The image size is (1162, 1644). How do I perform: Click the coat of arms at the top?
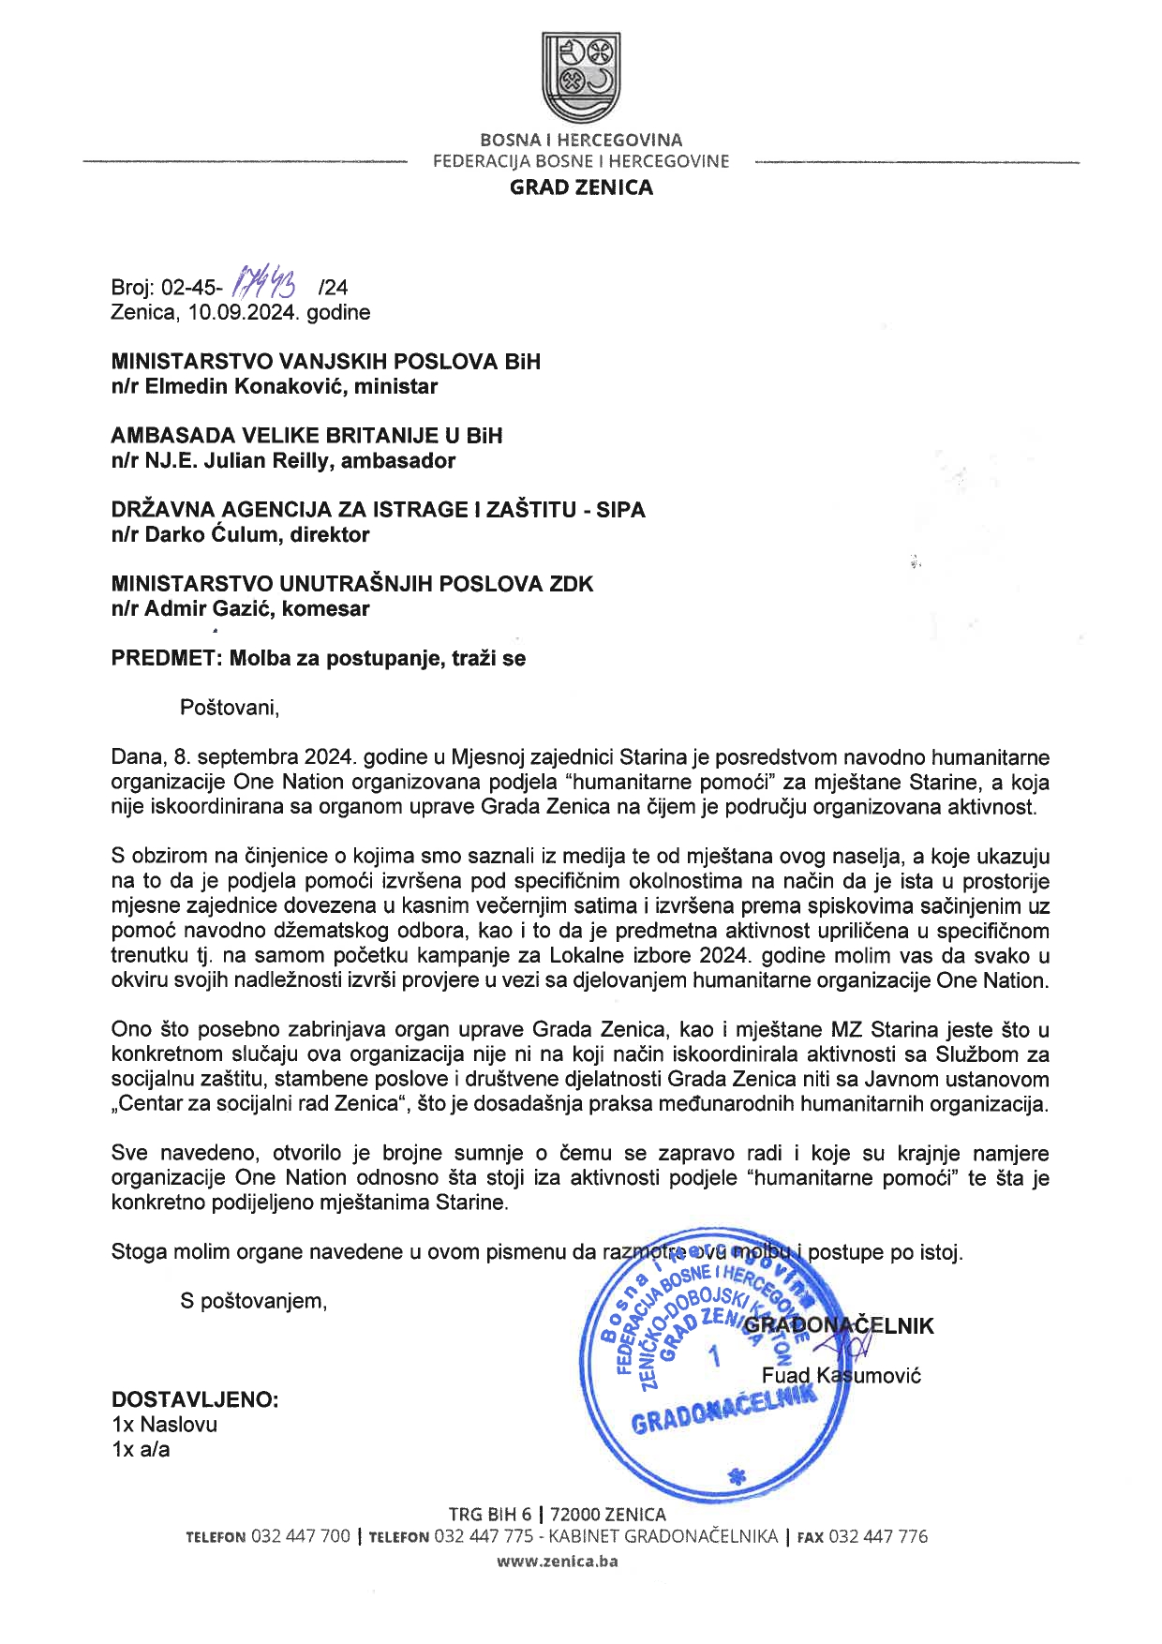tap(581, 78)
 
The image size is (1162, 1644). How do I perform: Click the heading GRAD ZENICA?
tap(581, 187)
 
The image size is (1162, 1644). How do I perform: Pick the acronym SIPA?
tap(620, 510)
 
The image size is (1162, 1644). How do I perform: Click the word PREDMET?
tap(164, 658)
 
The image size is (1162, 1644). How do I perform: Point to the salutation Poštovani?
tap(230, 707)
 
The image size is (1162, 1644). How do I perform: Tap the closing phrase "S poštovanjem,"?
tap(254, 1301)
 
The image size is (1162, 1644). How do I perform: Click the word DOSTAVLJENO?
tap(195, 1400)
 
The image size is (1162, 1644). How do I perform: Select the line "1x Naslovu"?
tap(164, 1425)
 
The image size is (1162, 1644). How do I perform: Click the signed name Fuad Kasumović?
tap(842, 1376)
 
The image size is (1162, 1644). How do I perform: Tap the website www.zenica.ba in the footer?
tap(557, 1562)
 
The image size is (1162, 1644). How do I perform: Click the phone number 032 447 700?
tap(301, 1536)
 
